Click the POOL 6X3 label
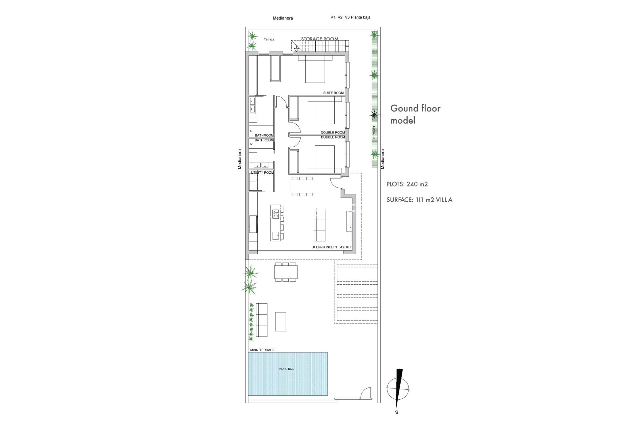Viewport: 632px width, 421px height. [286, 369]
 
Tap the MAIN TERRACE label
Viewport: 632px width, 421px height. [262, 350]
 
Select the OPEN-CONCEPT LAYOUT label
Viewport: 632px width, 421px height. [331, 247]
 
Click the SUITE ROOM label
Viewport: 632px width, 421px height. [333, 93]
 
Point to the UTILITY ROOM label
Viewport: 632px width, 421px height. [262, 173]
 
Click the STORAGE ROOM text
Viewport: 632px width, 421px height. [320, 39]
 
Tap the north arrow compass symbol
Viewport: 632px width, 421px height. [398, 388]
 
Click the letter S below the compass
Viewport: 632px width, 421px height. [397, 412]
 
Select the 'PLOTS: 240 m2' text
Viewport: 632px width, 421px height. [407, 184]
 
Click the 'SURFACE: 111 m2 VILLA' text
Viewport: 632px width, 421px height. [419, 200]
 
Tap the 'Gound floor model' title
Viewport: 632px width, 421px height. [415, 114]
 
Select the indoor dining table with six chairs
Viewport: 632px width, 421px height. [302, 186]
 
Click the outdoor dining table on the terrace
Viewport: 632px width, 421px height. [286, 272]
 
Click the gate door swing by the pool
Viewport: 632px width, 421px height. [366, 393]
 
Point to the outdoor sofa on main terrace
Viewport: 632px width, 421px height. [262, 320]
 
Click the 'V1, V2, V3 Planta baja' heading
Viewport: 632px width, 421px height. [350, 17]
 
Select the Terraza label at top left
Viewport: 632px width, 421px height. [269, 39]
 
